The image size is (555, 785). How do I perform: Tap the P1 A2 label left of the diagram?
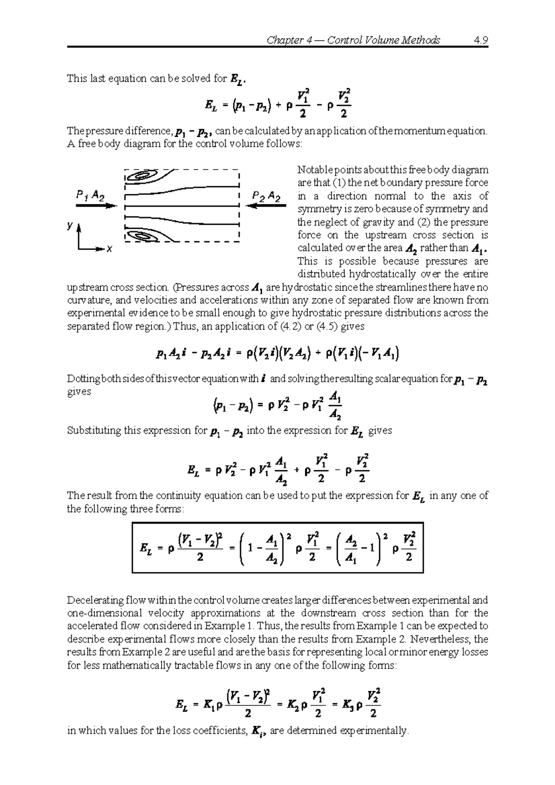pyautogui.click(x=90, y=196)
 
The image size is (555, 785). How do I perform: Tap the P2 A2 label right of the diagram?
pyautogui.click(x=266, y=196)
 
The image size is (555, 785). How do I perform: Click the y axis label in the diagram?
pyautogui.click(x=69, y=226)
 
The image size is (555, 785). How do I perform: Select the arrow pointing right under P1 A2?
pyautogui.click(x=96, y=206)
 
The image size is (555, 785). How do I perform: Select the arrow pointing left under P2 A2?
pyautogui.click(x=265, y=206)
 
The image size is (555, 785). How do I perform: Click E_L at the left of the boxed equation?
pyautogui.click(x=147, y=549)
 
